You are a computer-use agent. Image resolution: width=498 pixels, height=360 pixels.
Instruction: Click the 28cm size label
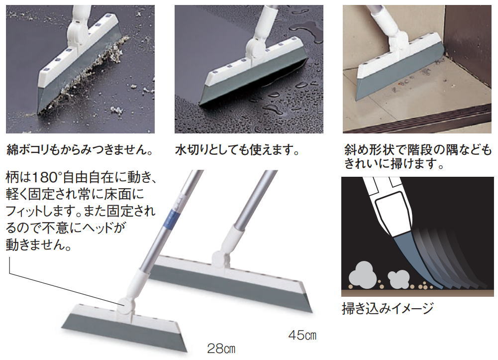(x=221, y=348)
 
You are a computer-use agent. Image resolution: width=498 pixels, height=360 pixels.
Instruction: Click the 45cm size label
(x=302, y=335)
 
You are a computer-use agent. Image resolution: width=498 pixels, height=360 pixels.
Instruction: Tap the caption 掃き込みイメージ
(x=388, y=308)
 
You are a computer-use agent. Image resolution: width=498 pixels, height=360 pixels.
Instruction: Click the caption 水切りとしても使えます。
(x=237, y=150)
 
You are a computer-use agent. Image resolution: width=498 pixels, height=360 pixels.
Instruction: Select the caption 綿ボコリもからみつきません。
(x=80, y=150)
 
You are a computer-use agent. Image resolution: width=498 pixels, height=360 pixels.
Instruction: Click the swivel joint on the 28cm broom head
(x=126, y=305)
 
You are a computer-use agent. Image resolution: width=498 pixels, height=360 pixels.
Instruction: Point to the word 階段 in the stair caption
(x=420, y=150)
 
